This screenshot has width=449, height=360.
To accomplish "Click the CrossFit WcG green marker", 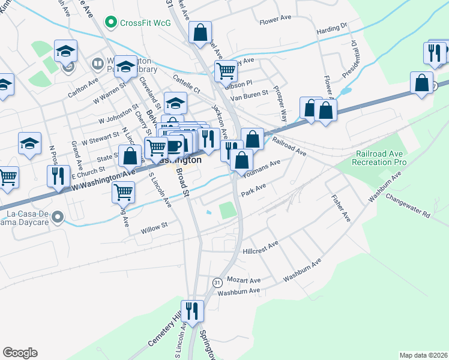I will pos(110,23).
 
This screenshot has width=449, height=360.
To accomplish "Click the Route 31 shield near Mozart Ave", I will pos(217,281).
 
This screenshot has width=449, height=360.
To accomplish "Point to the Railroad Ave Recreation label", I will pos(381,158).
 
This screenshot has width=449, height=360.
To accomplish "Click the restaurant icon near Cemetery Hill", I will pos(192,311).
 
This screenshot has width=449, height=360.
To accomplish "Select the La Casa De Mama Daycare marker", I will pos(58,217).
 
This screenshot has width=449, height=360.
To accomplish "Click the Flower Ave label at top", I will pos(275,19).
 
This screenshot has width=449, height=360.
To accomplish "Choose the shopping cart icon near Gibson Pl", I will pos(226,71).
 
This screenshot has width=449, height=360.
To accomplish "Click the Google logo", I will pos(20,353).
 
